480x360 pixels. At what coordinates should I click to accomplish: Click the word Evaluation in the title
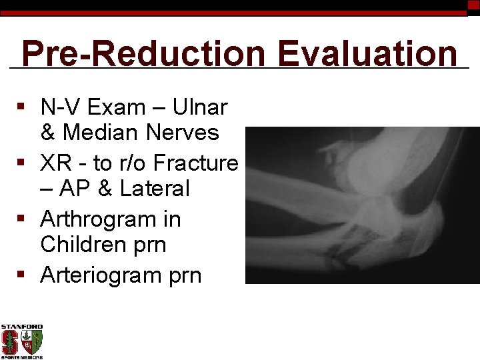click(368, 53)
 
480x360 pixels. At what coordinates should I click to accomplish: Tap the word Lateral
click(155, 189)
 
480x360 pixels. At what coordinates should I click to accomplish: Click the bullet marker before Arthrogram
click(22, 219)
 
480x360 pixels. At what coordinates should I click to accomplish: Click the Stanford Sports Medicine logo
click(22, 341)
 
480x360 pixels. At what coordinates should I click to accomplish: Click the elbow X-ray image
click(362, 205)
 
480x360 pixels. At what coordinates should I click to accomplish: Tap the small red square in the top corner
click(473, 5)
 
